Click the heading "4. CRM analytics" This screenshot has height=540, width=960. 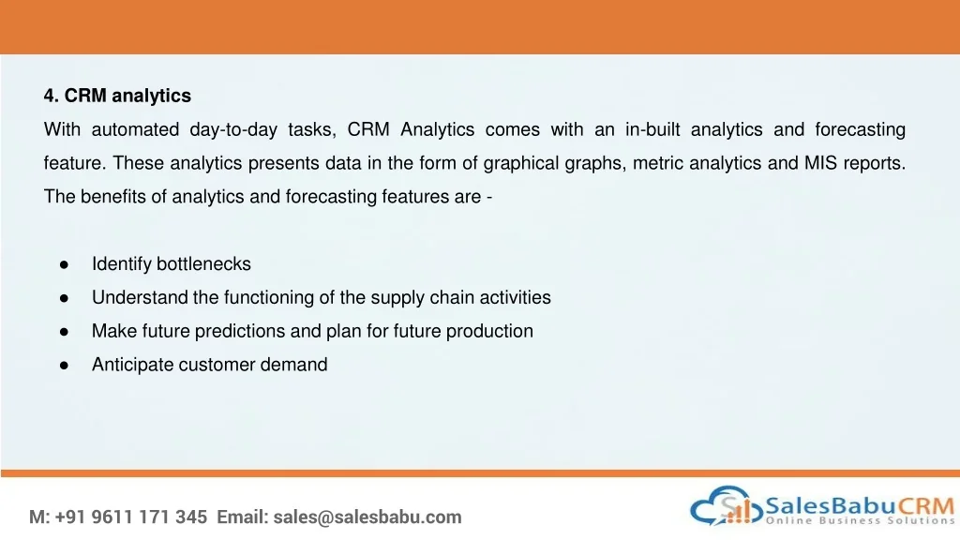117,96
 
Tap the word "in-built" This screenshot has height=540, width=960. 652,129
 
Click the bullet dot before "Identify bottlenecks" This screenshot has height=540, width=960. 65,265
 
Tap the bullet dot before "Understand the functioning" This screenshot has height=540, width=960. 65,299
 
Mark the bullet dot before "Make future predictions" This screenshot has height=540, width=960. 65,333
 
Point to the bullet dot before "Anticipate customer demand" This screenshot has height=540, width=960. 65,367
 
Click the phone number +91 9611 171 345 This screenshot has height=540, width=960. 131,517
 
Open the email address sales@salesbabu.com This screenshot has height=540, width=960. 367,517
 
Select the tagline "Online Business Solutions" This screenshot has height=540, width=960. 861,520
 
